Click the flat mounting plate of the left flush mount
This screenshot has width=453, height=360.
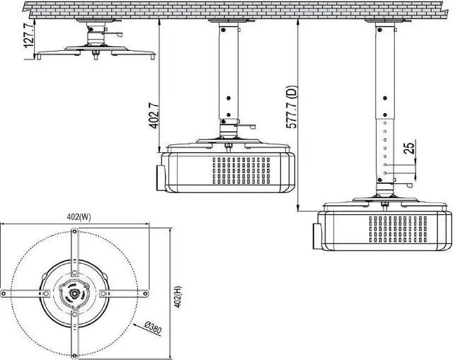click(x=95, y=52)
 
